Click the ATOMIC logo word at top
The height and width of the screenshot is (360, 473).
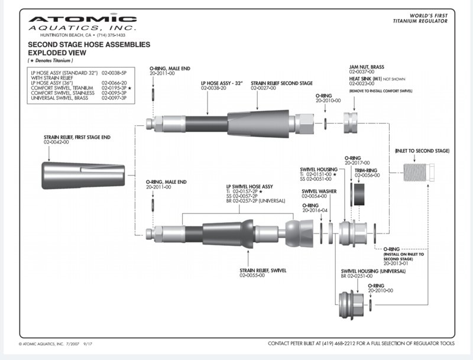(83, 20)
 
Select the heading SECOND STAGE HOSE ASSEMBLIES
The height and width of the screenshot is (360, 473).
(89, 44)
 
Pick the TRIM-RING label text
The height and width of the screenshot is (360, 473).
(366, 170)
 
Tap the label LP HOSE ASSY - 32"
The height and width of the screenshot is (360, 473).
(222, 83)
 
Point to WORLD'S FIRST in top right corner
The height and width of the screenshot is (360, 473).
(427, 15)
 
